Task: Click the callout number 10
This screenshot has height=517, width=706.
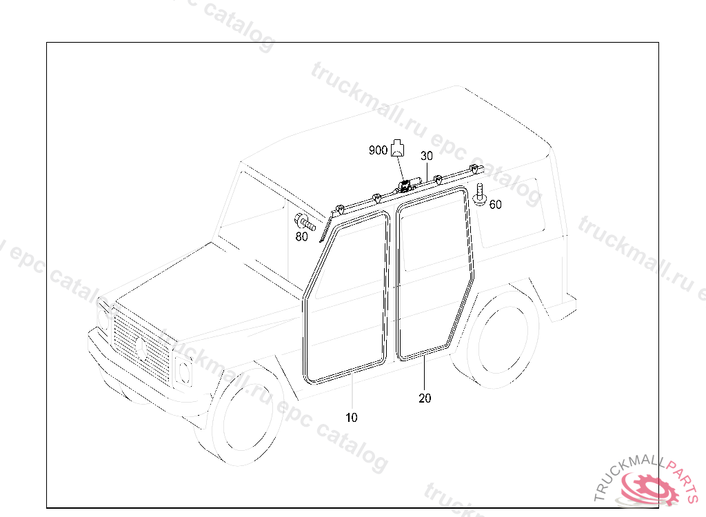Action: (352, 417)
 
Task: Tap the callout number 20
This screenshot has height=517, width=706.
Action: (425, 398)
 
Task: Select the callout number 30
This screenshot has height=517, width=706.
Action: (427, 156)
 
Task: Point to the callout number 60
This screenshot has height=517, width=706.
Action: (495, 204)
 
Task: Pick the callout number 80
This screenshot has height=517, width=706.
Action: (301, 237)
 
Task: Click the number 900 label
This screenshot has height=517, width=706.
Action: (378, 150)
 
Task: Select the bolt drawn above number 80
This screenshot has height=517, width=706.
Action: (304, 223)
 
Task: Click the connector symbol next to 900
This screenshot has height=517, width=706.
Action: (397, 148)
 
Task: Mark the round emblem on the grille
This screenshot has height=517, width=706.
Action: (142, 347)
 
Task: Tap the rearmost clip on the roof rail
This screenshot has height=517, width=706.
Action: (474, 169)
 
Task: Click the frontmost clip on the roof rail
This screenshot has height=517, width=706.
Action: (341, 208)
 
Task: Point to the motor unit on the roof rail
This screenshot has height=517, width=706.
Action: (407, 184)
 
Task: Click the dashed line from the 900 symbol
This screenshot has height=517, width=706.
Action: (399, 168)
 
